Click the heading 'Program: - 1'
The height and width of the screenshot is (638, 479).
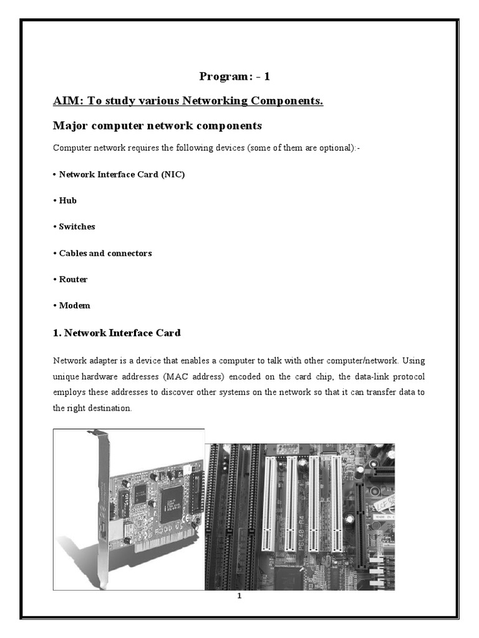[x=235, y=77]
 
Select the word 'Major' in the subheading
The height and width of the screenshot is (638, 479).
[x=69, y=126]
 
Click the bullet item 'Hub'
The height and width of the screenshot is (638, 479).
[x=68, y=201]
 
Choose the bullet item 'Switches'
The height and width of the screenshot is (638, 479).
[x=77, y=227]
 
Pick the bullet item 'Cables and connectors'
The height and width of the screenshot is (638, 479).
[x=105, y=253]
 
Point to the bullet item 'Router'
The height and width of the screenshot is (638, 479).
[x=73, y=279]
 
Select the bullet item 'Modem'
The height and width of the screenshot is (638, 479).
[x=74, y=305]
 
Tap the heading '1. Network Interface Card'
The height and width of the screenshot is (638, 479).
[x=117, y=333]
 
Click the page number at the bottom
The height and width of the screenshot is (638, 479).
[x=239, y=596]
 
